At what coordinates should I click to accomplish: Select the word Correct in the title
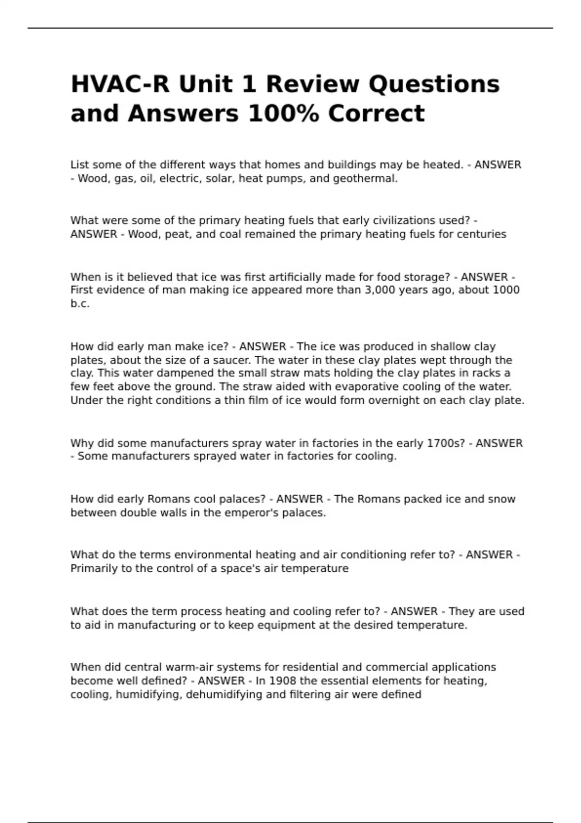pyautogui.click(x=376, y=114)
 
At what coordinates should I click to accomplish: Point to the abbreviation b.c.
pyautogui.click(x=80, y=304)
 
